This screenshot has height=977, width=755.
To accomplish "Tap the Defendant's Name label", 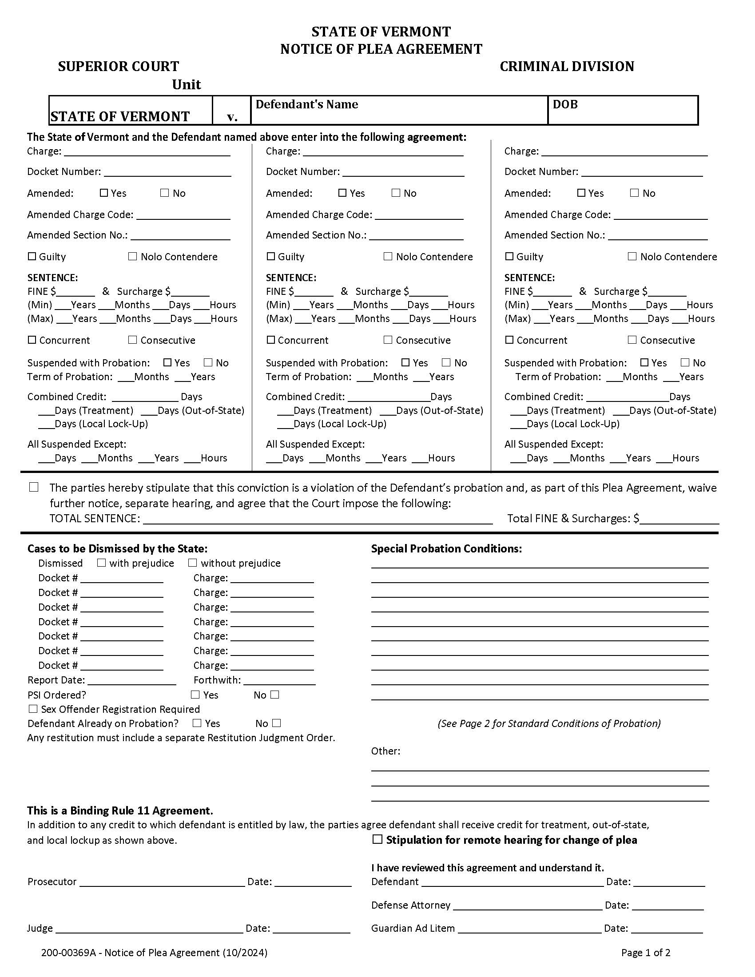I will [306, 104].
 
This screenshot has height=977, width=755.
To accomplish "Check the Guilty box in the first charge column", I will [32, 256].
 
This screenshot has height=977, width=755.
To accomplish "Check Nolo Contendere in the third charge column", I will [632, 256].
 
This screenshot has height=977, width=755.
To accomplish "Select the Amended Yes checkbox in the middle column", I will [342, 193].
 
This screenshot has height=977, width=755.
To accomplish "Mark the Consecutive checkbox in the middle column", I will [388, 340].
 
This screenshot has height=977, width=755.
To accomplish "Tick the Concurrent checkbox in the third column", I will [509, 340].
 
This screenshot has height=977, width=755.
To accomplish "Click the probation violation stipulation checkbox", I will [34, 487].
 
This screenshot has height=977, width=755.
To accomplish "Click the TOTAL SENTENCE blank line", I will [318, 519].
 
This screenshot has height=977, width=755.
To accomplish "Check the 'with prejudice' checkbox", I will [102, 563].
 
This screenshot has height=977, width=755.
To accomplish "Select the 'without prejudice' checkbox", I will [193, 563].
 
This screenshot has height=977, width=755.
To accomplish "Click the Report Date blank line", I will [132, 680].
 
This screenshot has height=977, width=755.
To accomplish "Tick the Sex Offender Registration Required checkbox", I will [33, 709].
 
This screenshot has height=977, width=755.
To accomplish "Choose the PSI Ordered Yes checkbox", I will [195, 695].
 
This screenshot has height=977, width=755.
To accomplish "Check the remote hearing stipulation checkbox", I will [377, 840].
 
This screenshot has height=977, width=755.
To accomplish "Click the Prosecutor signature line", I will [162, 882].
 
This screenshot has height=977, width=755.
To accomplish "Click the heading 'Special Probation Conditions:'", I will [446, 549].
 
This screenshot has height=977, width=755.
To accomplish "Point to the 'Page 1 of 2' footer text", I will [645, 953].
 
